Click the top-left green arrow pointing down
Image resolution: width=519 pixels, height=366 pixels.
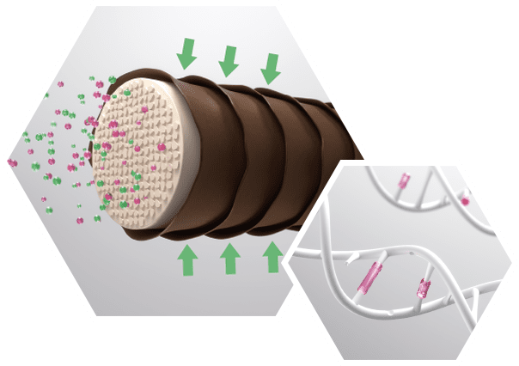[x=186, y=55]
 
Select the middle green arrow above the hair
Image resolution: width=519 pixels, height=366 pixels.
[x=228, y=60]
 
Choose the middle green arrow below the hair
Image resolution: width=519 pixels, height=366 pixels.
[x=229, y=257]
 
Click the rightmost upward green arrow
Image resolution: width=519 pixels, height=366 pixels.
[x=273, y=255]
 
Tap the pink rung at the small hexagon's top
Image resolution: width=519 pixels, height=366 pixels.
[x=404, y=181]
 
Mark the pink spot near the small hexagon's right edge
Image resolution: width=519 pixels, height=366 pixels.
[x=465, y=201]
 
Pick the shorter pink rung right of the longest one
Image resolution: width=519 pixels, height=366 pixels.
[x=423, y=290]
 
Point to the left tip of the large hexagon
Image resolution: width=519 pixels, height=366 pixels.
[x=3, y=161]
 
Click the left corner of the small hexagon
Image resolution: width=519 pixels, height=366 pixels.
[x=289, y=257]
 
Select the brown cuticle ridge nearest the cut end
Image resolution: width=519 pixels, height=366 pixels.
[x=187, y=146]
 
